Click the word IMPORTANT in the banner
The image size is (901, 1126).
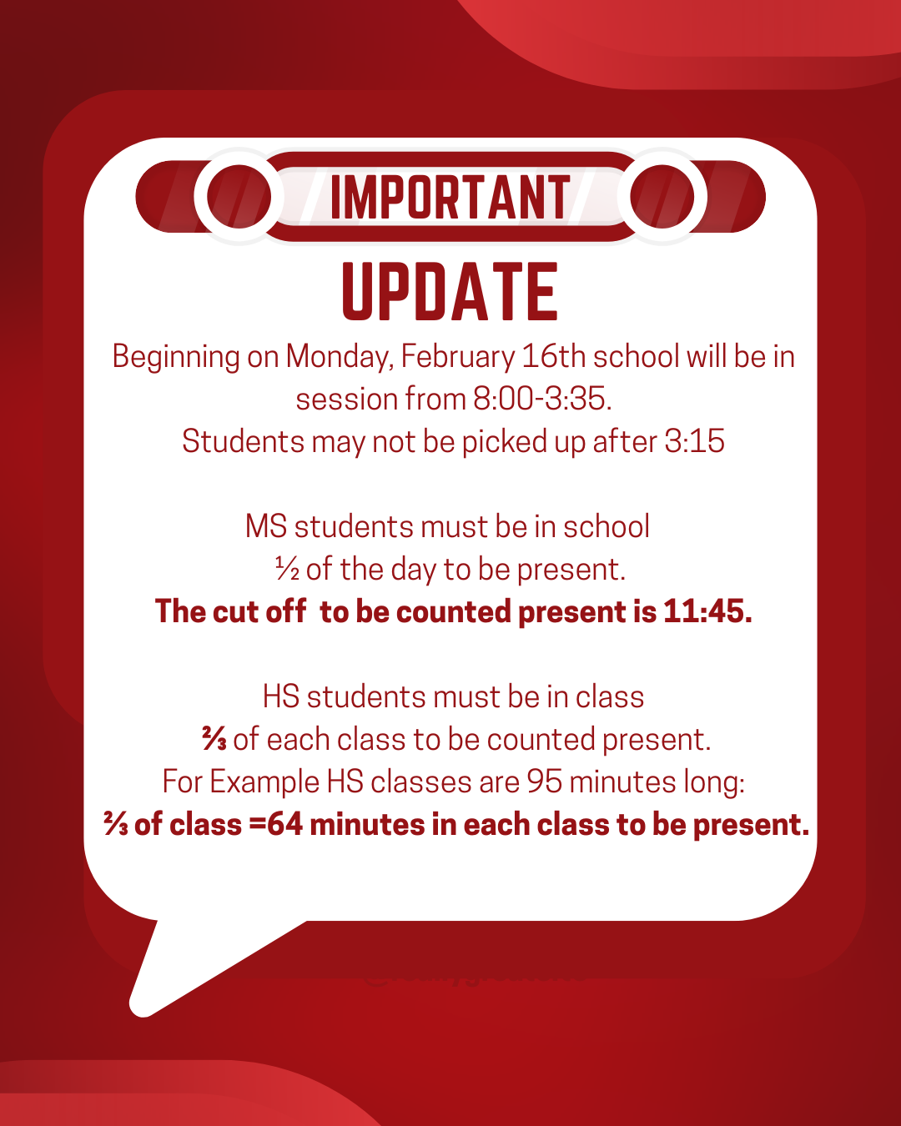tap(450, 199)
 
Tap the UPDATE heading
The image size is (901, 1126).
tap(450, 292)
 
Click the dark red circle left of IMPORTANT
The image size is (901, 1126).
tap(239, 197)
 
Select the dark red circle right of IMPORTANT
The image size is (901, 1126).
tap(662, 197)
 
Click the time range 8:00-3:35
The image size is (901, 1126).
tap(541, 400)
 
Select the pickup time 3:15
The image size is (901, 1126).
tap(695, 441)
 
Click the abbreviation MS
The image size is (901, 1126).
tap(265, 527)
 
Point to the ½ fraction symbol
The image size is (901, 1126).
tap(287, 570)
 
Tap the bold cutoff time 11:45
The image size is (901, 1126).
tap(707, 611)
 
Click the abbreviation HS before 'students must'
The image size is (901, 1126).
tap(280, 697)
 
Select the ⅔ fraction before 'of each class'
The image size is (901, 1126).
tap(214, 739)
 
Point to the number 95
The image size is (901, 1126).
tap(544, 782)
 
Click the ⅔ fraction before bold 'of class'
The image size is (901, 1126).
tap(116, 825)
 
